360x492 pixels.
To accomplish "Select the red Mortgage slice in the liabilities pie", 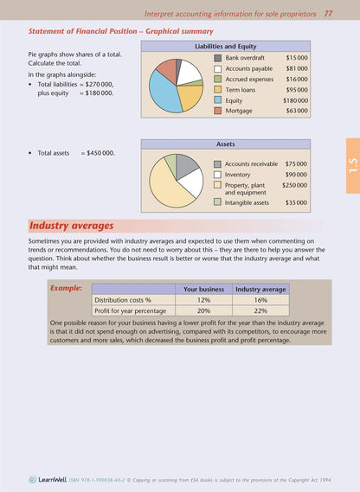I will click(166, 67).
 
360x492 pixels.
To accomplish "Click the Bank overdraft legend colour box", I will click(219, 57).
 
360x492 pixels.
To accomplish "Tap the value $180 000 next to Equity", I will click(296, 100).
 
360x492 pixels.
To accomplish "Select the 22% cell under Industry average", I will click(260, 310).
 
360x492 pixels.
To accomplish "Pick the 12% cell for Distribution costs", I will click(203, 300).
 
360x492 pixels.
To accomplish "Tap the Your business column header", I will click(203, 289).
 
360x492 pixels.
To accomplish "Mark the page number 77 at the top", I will click(329, 14).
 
